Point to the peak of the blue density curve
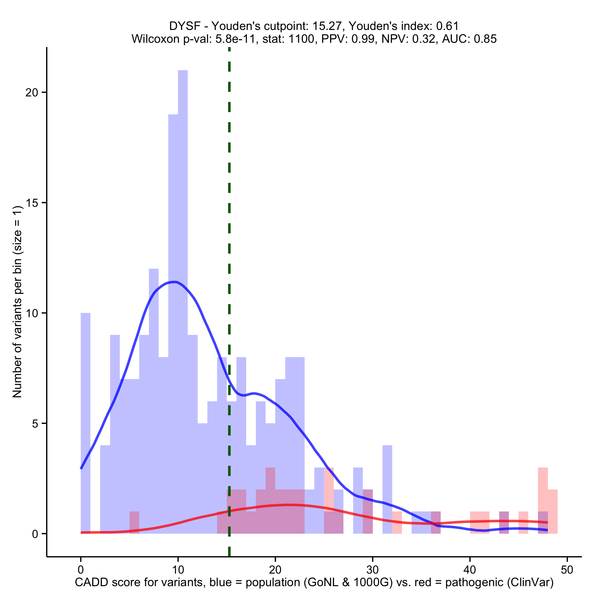(x=175, y=282)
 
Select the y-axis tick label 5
(x=35, y=424)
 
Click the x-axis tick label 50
(x=567, y=570)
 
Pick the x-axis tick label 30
(x=372, y=570)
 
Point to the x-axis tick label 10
(x=178, y=570)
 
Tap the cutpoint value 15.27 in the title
(x=325, y=26)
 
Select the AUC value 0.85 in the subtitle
(x=485, y=39)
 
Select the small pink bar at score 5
(x=134, y=523)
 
